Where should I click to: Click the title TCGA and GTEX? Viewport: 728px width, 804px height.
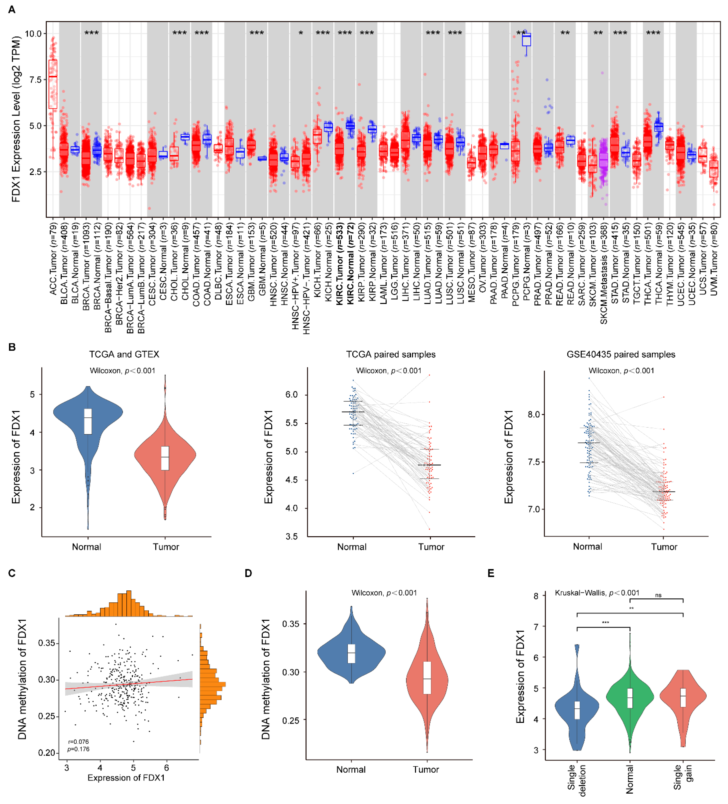[x=124, y=354]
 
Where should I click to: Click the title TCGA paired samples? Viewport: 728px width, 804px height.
[x=391, y=354]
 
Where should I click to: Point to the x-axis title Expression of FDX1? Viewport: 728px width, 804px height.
[x=126, y=778]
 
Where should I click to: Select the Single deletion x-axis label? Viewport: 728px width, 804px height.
[x=576, y=780]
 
